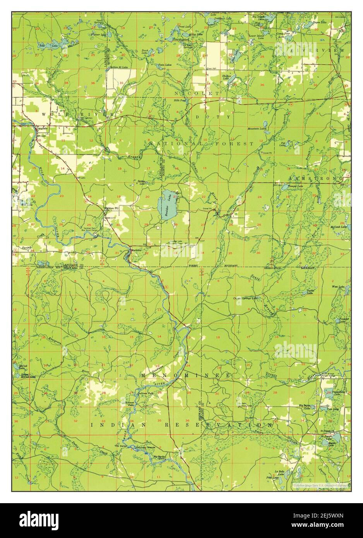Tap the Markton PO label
[111, 208]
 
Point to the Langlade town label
[41, 128]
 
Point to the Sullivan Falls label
[145, 393]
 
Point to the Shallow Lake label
[227, 77]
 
